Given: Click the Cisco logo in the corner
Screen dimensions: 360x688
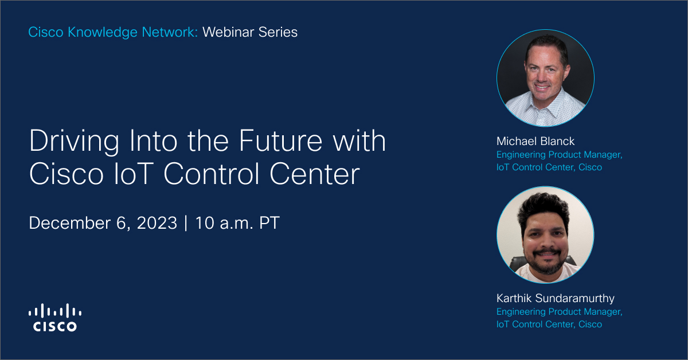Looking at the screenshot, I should click(x=55, y=318).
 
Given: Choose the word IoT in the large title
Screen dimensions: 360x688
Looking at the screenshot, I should click(x=135, y=174).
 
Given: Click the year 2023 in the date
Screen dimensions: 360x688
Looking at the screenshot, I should click(x=157, y=223).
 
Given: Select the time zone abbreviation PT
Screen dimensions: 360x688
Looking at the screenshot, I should click(x=269, y=223).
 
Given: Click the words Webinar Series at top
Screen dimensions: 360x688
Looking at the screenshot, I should click(x=250, y=32).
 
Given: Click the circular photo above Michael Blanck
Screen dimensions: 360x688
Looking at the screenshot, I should click(x=545, y=77).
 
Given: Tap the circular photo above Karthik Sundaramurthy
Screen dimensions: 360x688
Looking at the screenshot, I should click(x=545, y=235).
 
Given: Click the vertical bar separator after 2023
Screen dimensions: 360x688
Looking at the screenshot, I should click(x=186, y=223).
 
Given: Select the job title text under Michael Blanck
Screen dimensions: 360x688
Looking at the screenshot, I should click(x=559, y=161).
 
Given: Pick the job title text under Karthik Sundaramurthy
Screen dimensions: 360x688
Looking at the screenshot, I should click(x=559, y=318).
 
